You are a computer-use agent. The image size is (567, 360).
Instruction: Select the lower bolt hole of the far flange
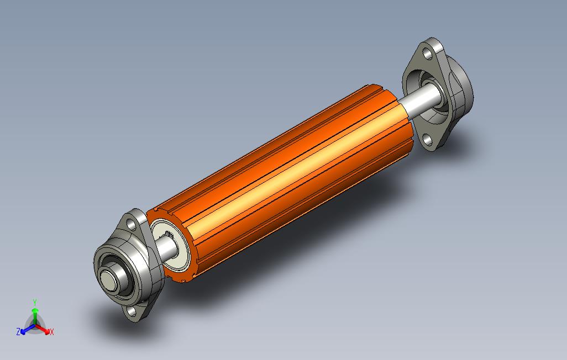pos(428,140)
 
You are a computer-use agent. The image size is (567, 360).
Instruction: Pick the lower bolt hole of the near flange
pos(132,311)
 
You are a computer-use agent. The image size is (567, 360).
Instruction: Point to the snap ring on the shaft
pos(169,235)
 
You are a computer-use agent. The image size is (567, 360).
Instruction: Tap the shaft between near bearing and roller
pos(166,248)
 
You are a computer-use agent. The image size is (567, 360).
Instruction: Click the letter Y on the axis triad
pos(35,302)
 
